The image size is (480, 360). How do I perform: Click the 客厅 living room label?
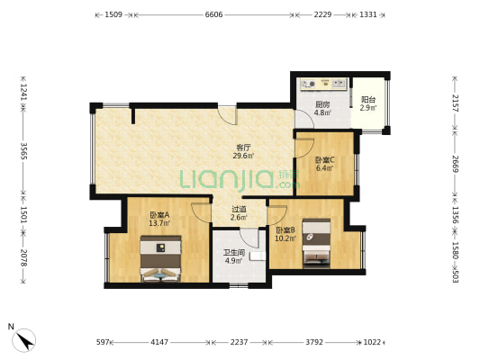(x=243, y=147)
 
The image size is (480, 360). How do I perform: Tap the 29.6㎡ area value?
(x=243, y=156)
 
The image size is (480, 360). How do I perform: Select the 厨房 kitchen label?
(x=322, y=104)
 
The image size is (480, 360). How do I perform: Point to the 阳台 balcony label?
(x=368, y=100)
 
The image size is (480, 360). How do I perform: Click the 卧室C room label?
(x=325, y=159)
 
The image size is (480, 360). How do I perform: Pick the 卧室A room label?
(x=159, y=215)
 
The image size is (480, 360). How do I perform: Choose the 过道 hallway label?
(x=239, y=209)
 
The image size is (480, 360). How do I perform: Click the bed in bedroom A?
(x=160, y=258)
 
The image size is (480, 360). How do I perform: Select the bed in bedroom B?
(x=316, y=244)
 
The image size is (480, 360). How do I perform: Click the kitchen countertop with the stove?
(x=323, y=84)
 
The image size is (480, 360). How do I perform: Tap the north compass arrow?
(x=24, y=340)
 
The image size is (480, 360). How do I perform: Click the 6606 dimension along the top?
(x=213, y=14)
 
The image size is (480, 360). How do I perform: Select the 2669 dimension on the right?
(x=455, y=164)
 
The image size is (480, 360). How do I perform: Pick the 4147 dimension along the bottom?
(x=159, y=342)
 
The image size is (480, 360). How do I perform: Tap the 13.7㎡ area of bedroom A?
(x=159, y=223)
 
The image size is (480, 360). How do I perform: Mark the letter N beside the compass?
(x=11, y=327)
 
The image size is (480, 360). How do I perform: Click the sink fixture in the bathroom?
(x=258, y=256)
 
